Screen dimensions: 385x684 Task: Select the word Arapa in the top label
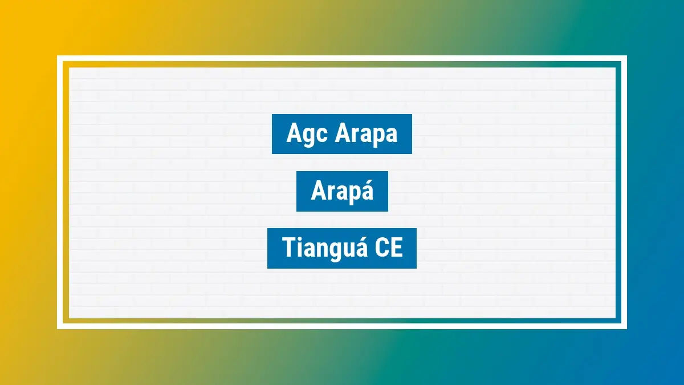pos(365,135)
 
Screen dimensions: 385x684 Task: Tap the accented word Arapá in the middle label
pos(342,192)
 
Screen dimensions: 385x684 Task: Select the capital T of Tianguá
pos(289,249)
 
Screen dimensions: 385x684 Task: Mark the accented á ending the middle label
pos(367,192)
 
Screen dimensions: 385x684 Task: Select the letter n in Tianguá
pos(320,250)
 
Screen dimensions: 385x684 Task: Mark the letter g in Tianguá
pos(334,252)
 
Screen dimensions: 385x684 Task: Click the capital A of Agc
pos(294,135)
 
